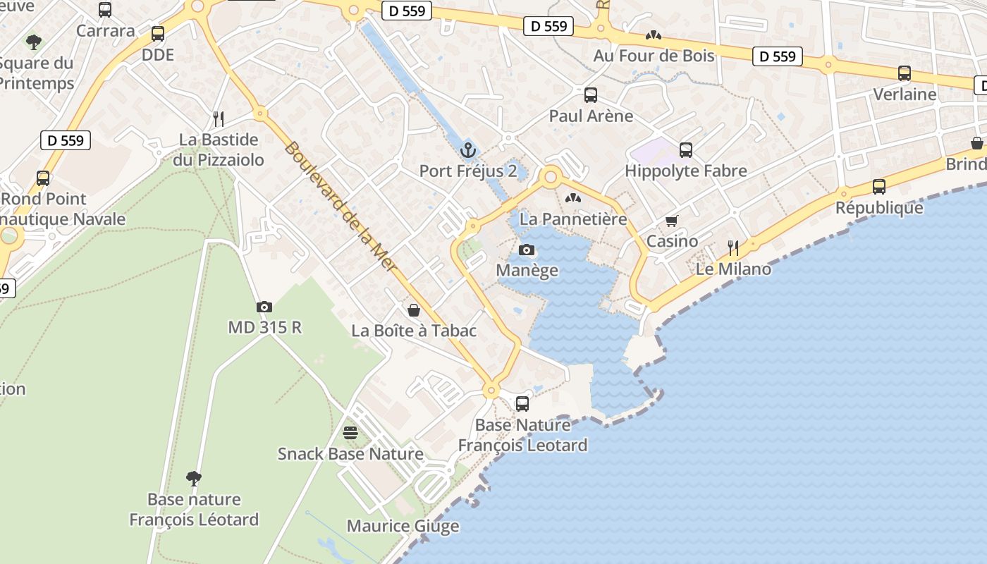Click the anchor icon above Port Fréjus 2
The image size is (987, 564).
coord(467,150)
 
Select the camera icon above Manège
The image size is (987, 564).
coord(527,250)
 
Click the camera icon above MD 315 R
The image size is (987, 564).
coord(264,307)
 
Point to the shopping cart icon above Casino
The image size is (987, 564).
coord(672,221)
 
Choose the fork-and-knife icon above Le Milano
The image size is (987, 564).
coord(733,247)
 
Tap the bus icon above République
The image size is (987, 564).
coord(878,187)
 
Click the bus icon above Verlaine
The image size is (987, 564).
coord(905,73)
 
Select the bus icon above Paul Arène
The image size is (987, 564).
coord(591,94)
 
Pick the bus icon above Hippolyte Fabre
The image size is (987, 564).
coord(686,149)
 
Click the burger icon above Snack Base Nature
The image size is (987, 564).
coord(350,432)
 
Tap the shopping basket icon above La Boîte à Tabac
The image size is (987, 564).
coord(414,310)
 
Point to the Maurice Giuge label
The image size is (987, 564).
coord(403,526)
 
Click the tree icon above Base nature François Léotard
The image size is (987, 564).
coord(194,479)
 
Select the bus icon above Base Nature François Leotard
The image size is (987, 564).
coord(522,404)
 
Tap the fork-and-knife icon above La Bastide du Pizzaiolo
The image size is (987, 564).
coord(219,118)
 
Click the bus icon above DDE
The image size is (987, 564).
coord(158,34)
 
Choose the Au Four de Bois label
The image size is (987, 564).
coord(654,56)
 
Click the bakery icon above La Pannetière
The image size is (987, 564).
coord(573,198)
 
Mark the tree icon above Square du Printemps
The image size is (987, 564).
coord(34,42)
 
